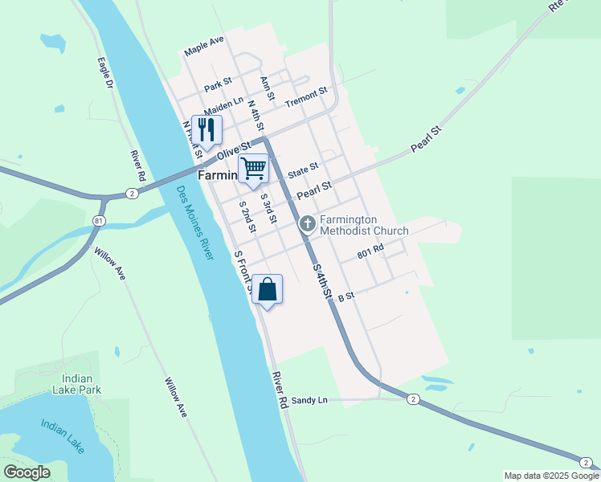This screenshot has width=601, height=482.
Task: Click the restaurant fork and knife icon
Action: click(x=207, y=130)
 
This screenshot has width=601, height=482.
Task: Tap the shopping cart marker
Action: click(x=253, y=169)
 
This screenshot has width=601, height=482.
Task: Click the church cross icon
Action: click(x=307, y=224)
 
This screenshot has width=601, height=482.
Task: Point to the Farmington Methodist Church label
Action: click(x=364, y=225)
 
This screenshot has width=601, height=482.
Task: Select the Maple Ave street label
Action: click(x=204, y=46)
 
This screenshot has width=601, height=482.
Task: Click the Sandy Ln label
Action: click(x=309, y=400)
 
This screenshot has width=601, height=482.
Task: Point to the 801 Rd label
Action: click(x=371, y=253)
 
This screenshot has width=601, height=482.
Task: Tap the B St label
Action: click(x=346, y=297)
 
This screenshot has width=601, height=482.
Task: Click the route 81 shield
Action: click(x=99, y=220)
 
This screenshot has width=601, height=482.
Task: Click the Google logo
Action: click(x=27, y=472)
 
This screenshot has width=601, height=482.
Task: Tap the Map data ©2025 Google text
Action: click(x=552, y=476)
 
